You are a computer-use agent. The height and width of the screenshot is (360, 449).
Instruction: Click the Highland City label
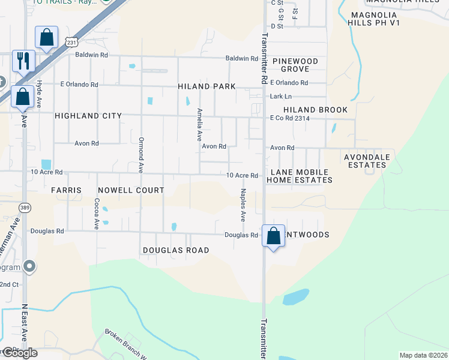(88, 116)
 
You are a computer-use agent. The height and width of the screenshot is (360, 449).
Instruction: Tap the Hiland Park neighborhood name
(206, 86)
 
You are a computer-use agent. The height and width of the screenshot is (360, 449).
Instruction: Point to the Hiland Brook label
(315, 110)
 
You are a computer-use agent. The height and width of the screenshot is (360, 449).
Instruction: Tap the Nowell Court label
(126, 190)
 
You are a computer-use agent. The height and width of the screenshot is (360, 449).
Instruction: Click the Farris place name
(66, 190)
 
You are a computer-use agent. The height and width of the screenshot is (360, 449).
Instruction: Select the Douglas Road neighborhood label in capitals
(176, 250)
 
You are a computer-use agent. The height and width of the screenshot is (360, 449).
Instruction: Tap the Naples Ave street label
(243, 205)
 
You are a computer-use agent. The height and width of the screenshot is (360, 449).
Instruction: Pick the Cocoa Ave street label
(96, 214)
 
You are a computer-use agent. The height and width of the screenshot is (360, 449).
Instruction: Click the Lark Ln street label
(280, 96)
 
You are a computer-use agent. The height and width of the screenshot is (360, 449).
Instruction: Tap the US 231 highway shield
(71, 42)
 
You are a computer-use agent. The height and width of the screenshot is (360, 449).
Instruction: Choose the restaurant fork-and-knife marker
(23, 61)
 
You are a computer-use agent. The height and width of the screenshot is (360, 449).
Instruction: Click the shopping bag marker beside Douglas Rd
(273, 236)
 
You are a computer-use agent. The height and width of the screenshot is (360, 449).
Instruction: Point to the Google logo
(19, 353)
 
